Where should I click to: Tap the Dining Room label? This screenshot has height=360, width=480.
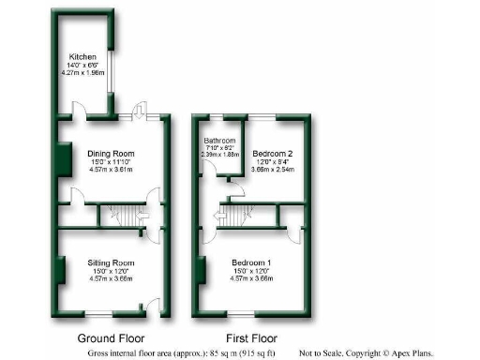(111, 153)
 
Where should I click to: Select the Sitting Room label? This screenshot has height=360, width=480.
(111, 262)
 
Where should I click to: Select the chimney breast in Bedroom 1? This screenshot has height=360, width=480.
(202, 269)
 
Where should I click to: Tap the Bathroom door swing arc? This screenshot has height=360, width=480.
(207, 172)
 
